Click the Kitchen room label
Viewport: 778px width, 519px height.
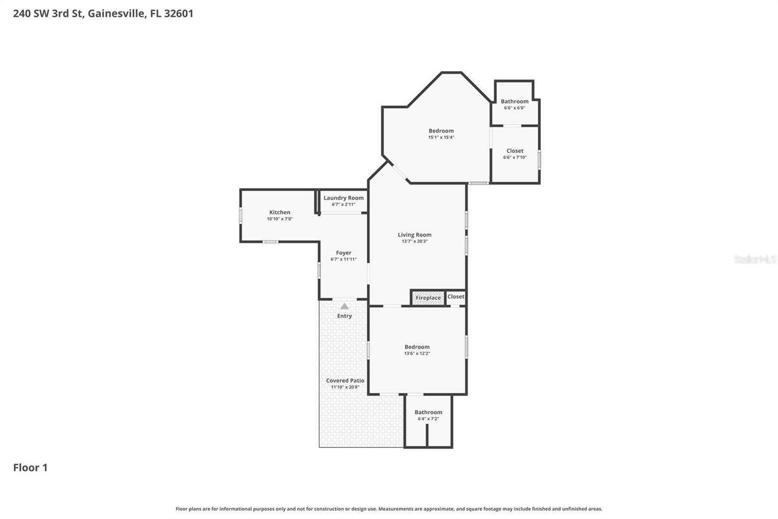point(280,212)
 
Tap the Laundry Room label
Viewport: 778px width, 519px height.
point(343,198)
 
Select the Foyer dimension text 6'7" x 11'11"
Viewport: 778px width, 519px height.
point(343,259)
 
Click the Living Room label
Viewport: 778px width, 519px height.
point(414,235)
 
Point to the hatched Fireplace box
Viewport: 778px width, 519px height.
point(428,298)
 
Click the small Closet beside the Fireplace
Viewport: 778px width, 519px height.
point(456,297)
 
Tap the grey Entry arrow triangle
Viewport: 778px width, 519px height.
point(344,306)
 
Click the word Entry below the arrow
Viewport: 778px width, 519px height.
point(344,316)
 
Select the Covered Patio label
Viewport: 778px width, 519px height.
point(345,381)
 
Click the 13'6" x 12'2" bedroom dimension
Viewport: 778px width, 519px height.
point(417,353)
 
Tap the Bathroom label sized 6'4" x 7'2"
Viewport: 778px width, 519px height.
point(428,412)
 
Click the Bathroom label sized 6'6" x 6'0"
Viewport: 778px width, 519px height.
point(514,101)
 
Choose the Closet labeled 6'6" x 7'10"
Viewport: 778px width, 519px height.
point(514,151)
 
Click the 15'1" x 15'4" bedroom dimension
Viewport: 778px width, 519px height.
point(441,137)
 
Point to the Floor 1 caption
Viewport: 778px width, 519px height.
point(30,467)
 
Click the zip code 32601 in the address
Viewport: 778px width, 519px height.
point(178,13)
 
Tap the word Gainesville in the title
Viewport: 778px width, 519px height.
point(116,13)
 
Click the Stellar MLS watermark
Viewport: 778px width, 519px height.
point(755,259)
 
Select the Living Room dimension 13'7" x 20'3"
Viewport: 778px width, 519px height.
point(414,241)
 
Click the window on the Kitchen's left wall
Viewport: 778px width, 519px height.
point(241,216)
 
